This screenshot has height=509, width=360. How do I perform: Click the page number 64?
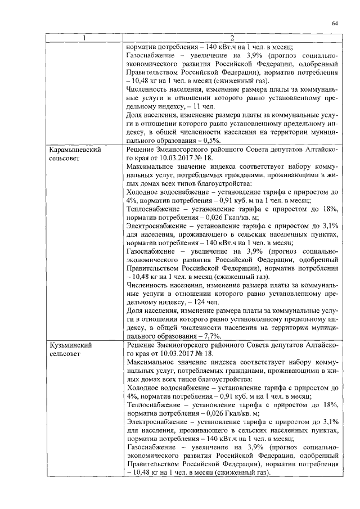coord(335,23)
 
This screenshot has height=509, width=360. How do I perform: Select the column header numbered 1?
coord(84,38)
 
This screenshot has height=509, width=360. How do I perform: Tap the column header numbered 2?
coord(232,38)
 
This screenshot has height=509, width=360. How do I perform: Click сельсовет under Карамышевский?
coord(62,159)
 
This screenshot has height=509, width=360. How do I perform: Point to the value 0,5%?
coord(212,141)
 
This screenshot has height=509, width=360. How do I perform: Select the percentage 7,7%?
coord(212,335)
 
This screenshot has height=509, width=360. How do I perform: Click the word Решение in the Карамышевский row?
coord(143,151)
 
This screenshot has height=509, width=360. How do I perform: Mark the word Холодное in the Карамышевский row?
coord(143,192)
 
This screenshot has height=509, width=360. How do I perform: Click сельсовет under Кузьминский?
coord(62,354)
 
